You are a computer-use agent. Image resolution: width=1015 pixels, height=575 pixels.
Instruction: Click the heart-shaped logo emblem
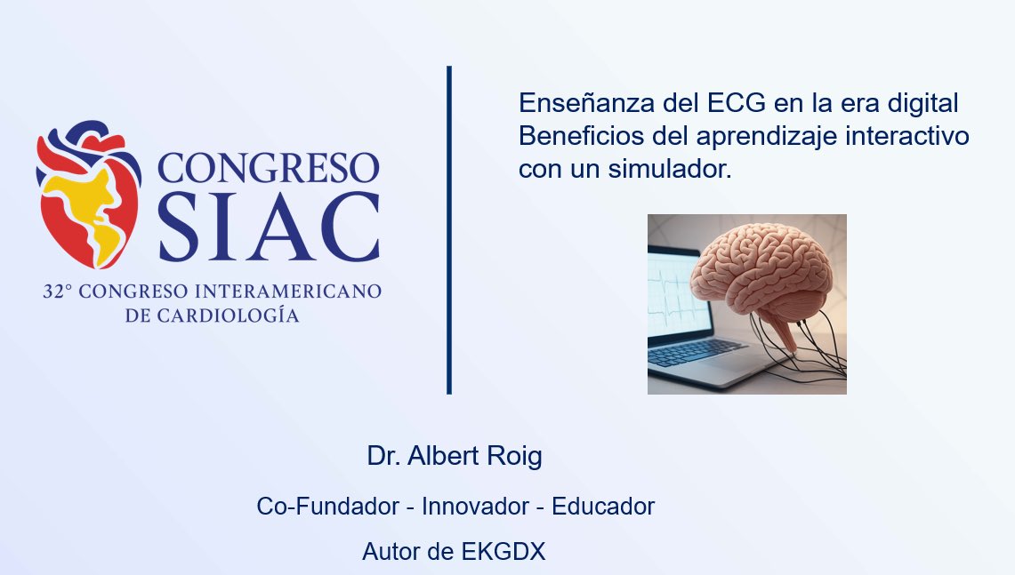point(89,194)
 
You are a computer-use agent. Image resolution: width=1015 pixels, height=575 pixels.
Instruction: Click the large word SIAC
point(269,227)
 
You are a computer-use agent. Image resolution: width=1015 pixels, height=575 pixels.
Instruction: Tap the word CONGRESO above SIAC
point(268,168)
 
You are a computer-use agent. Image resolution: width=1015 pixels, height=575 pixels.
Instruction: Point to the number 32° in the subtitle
point(58,291)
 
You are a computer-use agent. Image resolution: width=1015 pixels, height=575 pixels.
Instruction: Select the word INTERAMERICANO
point(288,291)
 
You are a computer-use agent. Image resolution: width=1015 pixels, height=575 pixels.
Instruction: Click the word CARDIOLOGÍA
point(229,315)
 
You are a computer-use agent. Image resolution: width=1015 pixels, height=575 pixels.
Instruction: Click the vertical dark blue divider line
point(449,229)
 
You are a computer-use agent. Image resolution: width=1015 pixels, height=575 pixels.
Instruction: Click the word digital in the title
point(922,103)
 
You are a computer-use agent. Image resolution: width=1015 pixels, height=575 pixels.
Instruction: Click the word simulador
point(669,169)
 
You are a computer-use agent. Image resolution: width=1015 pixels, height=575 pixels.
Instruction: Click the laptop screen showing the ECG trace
point(676,294)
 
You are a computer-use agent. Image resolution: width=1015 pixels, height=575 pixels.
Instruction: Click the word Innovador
point(475,506)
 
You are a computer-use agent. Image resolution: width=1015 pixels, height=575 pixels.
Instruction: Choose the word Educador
point(603,506)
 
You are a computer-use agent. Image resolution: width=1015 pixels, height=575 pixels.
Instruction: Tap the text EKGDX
point(503,552)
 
